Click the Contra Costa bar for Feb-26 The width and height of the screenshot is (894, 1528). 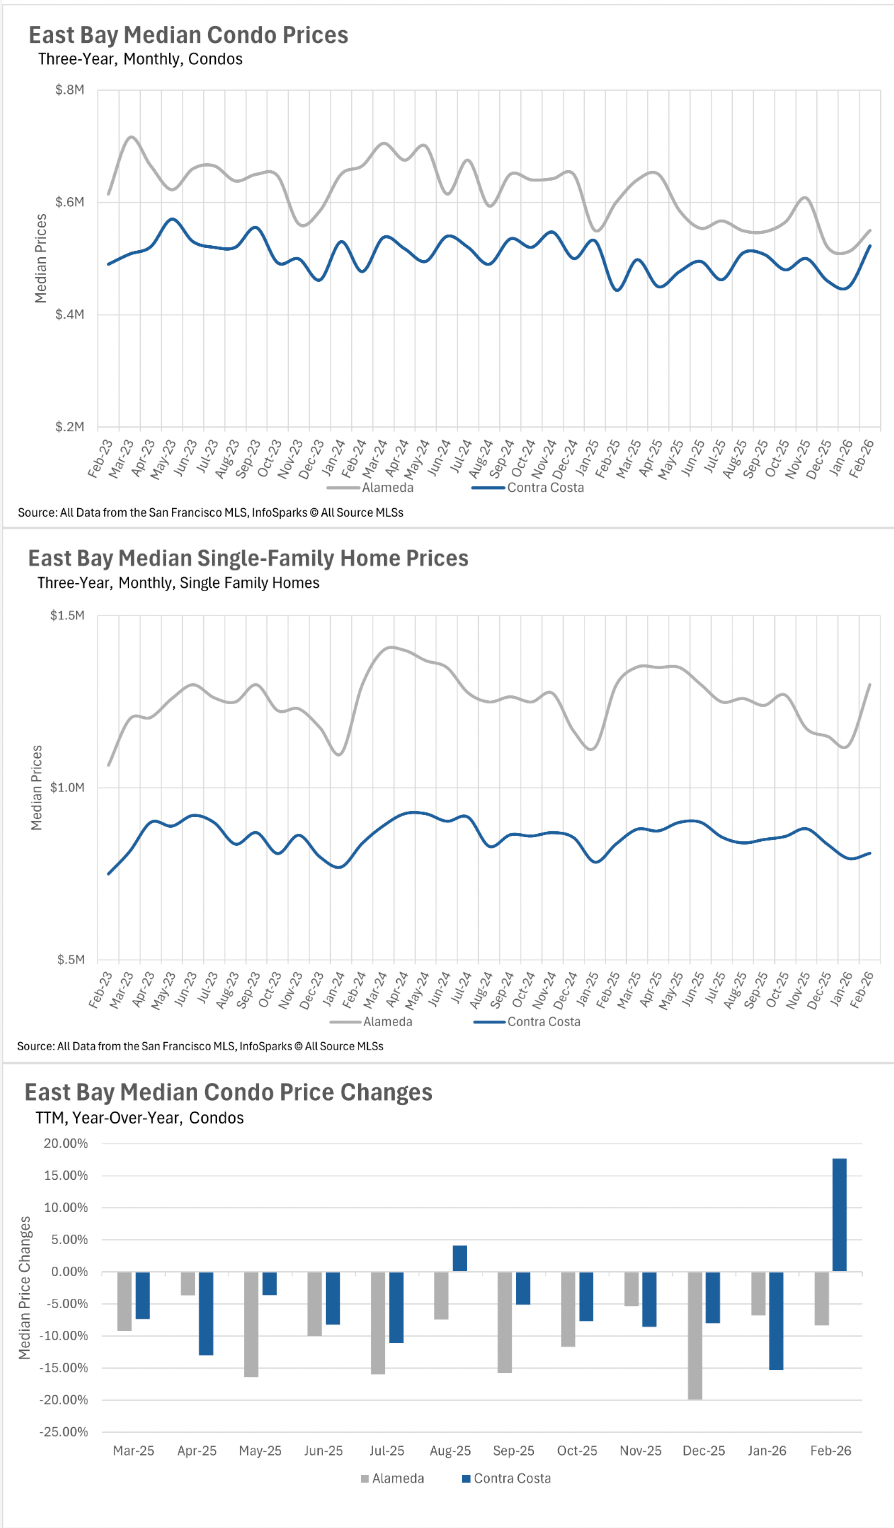tap(839, 1215)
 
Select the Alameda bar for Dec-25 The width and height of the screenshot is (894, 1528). tap(695, 1335)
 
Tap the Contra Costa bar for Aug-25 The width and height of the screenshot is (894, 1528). tap(459, 1258)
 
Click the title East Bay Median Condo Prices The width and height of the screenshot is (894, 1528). tap(188, 35)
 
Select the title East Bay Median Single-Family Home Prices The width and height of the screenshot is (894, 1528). tap(248, 557)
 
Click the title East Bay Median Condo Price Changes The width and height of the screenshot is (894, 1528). tap(228, 1091)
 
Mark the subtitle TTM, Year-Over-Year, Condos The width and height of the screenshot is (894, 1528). tap(140, 1117)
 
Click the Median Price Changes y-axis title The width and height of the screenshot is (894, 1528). tap(26, 1288)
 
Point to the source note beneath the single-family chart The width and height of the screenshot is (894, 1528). tap(200, 1046)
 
